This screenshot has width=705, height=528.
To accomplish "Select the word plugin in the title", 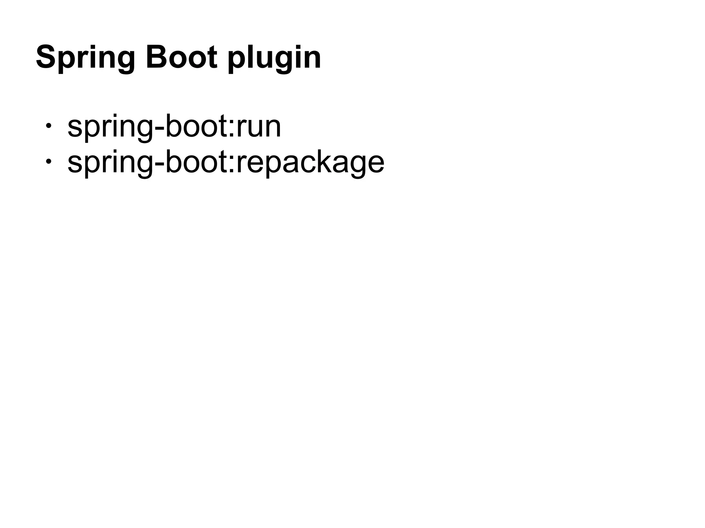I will tap(274, 58).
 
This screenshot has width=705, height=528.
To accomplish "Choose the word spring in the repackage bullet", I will tap(110, 163).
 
